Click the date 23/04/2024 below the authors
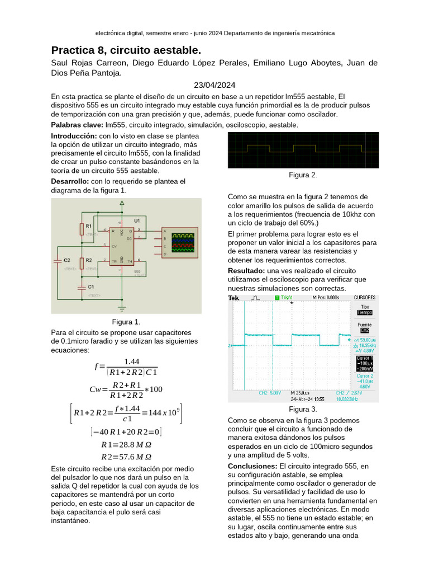click(214, 85)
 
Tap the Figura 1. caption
click(126, 322)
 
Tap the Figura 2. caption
click(303, 175)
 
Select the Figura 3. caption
click(303, 410)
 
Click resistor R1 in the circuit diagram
click(82, 228)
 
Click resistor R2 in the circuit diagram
click(82, 262)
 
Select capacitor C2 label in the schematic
click(66, 260)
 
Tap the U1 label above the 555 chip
click(137, 220)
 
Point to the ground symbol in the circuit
click(122, 307)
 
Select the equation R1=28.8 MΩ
click(126, 445)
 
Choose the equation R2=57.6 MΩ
click(126, 457)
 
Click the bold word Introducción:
click(74, 136)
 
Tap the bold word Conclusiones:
click(252, 466)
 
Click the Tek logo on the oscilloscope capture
click(233, 298)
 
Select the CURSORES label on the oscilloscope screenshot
click(365, 298)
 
